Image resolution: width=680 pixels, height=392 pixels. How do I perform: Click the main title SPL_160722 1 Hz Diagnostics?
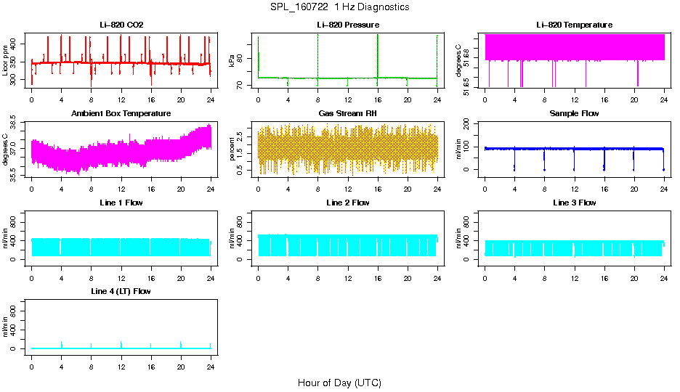(x=339, y=7)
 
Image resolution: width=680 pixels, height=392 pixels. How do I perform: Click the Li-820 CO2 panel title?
(x=121, y=25)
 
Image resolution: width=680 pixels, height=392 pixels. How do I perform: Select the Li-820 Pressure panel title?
(x=348, y=25)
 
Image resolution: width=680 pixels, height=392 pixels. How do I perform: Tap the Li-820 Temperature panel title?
(x=574, y=25)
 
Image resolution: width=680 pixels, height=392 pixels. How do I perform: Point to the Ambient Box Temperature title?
(x=121, y=113)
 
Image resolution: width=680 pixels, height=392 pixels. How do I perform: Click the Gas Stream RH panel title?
(x=348, y=113)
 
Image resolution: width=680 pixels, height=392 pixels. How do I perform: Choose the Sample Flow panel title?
(x=574, y=113)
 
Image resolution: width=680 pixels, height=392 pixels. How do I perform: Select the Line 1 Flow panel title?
(x=121, y=203)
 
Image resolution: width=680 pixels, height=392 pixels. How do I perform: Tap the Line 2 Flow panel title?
(x=348, y=203)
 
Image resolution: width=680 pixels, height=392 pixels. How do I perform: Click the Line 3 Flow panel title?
(x=574, y=203)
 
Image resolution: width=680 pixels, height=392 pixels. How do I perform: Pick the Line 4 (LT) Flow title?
(x=121, y=291)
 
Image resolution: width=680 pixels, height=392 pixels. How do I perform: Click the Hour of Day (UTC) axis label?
(x=339, y=383)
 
